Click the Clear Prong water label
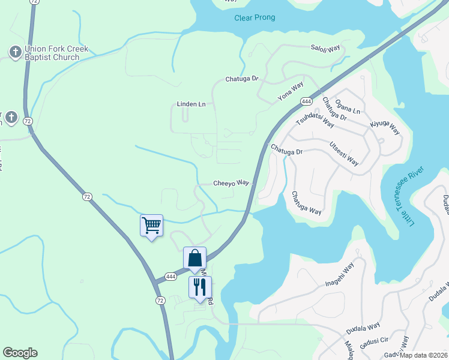pyautogui.click(x=255, y=17)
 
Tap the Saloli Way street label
pyautogui.click(x=325, y=47)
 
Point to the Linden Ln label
pyautogui.click(x=191, y=104)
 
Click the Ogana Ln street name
pyautogui.click(x=348, y=107)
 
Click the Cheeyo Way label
pyautogui.click(x=231, y=182)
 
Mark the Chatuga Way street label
pyautogui.click(x=306, y=203)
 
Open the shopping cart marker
pyautogui.click(x=151, y=226)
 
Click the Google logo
pyautogui.click(x=20, y=353)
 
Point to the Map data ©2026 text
pyautogui.click(x=424, y=355)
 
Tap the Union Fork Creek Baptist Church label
pyautogui.click(x=52, y=53)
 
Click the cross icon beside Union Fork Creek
pyautogui.click(x=15, y=52)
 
